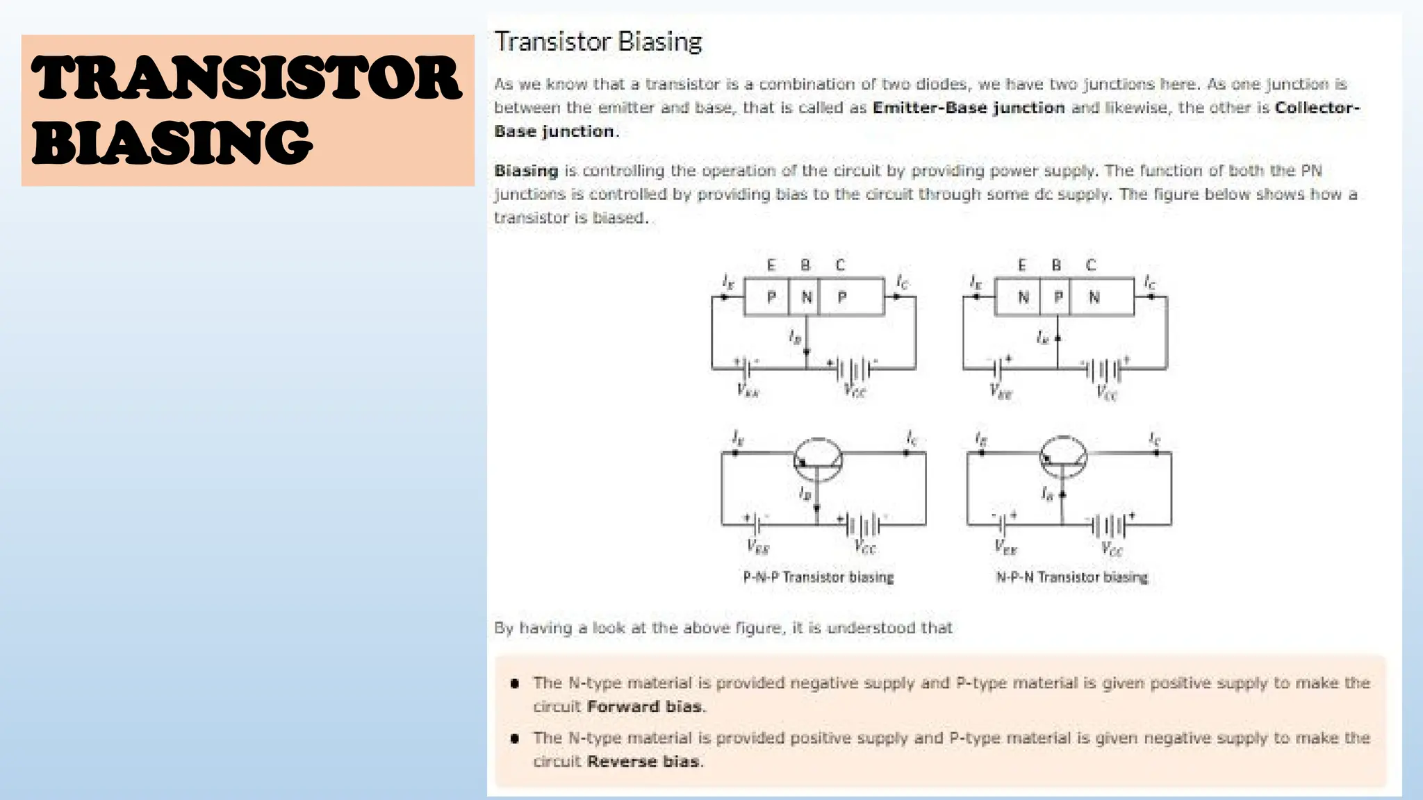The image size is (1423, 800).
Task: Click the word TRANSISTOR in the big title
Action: coord(247,78)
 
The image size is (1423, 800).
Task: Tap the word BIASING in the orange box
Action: coord(172,142)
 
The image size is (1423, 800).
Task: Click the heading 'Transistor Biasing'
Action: coord(598,42)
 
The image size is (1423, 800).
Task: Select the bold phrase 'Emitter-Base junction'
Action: coord(968,108)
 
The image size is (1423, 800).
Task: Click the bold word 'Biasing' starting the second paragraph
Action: coord(526,171)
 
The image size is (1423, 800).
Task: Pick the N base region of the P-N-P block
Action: coord(806,297)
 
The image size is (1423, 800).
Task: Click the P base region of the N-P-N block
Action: coord(1058,297)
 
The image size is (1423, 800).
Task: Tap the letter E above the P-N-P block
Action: coord(771,265)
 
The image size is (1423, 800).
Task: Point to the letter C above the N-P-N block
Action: coord(1091,265)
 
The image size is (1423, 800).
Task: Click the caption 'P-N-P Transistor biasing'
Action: coord(818,577)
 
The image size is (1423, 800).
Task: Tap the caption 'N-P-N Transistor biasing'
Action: coord(1071,577)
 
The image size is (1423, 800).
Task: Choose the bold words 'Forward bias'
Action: coord(644,707)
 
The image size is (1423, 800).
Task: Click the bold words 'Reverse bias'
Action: coord(643,762)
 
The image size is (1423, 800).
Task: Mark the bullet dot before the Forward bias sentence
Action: coord(515,683)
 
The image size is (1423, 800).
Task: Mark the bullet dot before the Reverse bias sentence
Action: coord(515,738)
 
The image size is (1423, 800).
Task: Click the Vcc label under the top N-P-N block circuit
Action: coord(1106,394)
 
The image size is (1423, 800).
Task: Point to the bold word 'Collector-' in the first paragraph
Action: coord(1317,108)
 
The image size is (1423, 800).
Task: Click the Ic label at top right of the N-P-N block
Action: coord(1150,282)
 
